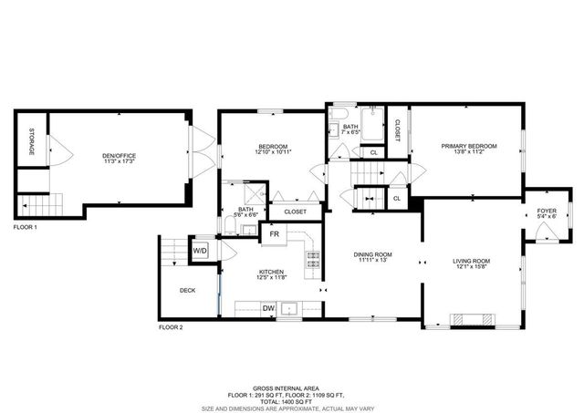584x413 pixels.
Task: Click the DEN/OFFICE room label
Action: (x=119, y=156)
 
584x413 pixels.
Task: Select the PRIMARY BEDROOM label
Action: (x=468, y=146)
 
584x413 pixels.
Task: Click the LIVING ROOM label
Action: (x=472, y=261)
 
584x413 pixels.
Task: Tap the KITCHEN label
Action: (x=272, y=272)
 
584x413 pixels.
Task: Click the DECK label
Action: (x=187, y=290)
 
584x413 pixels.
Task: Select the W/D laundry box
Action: (x=200, y=250)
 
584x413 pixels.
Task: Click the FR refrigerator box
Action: (x=273, y=233)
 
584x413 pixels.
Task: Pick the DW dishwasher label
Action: (x=269, y=308)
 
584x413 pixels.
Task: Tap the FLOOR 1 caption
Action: (x=25, y=227)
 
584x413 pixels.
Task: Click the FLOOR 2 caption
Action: (x=171, y=326)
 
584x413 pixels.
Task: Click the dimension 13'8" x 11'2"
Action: (x=468, y=152)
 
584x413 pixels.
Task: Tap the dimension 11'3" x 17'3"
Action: (x=119, y=162)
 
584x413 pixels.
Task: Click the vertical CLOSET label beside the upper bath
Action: (x=397, y=130)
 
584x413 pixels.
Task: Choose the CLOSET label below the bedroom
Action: (x=295, y=212)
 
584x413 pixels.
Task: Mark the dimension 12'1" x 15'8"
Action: (x=472, y=267)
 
